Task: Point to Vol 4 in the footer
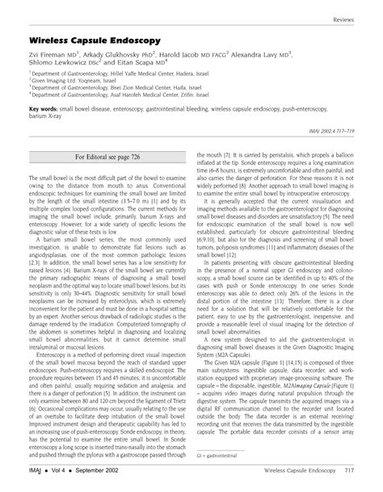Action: pyautogui.click(x=62, y=471)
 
